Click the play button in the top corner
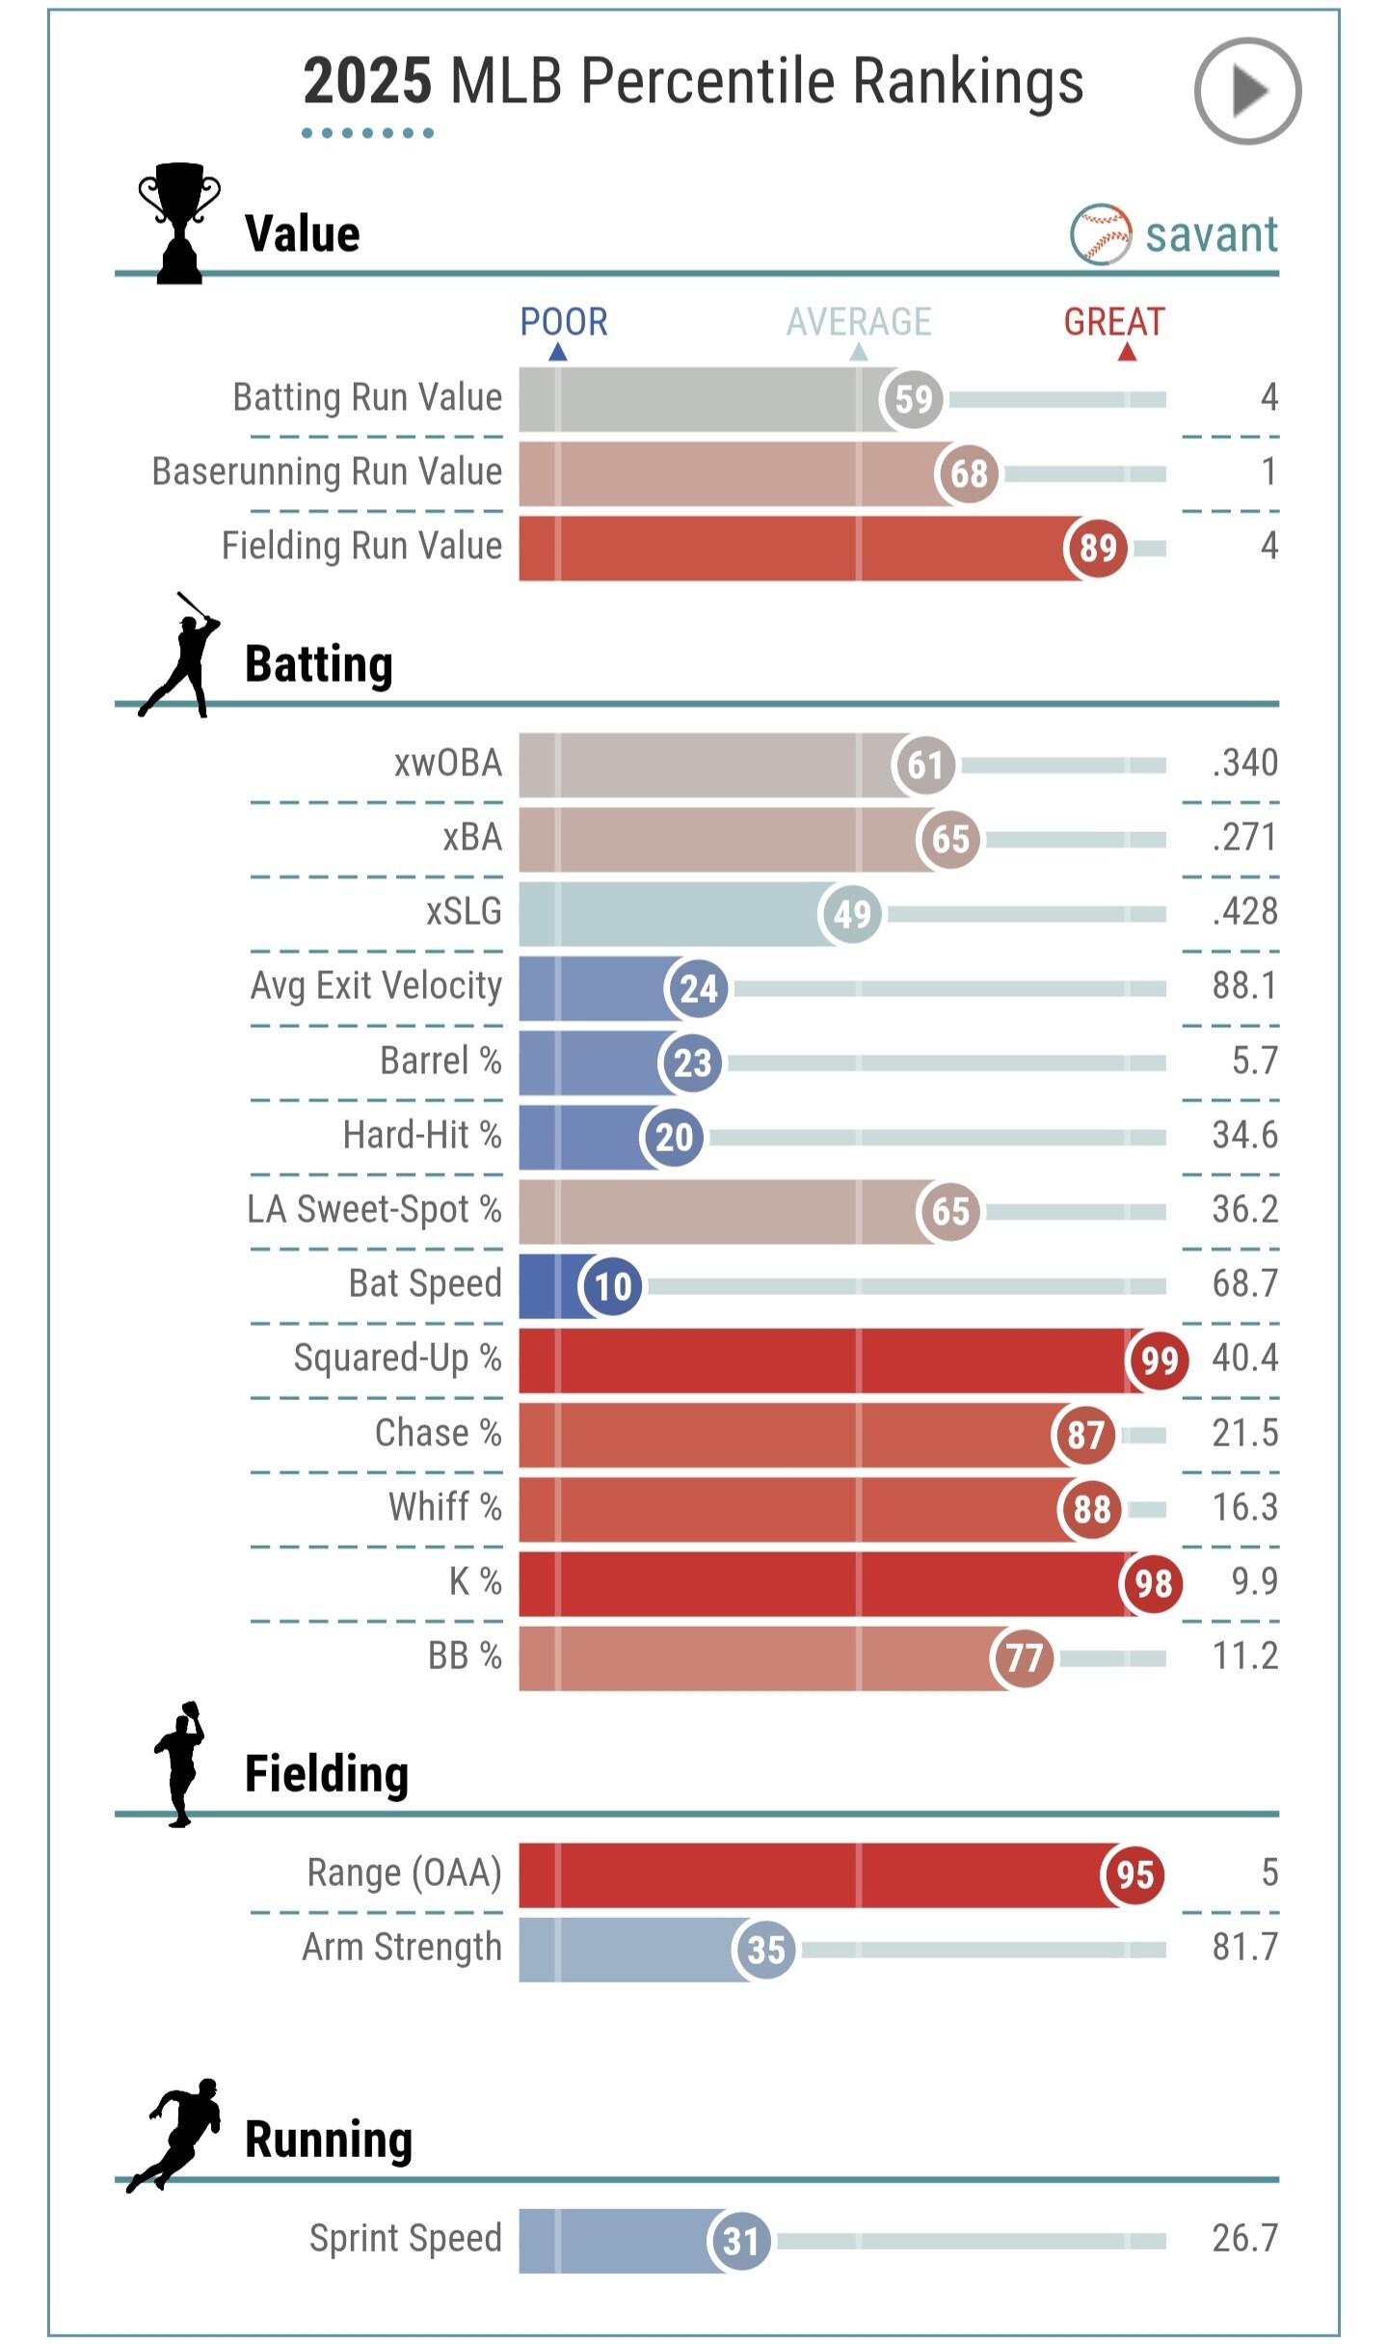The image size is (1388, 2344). point(1247,92)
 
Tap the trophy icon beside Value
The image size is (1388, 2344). point(179,223)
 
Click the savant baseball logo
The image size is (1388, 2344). point(1100,234)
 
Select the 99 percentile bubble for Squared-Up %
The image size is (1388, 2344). point(1158,1360)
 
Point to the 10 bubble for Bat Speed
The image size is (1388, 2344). point(612,1285)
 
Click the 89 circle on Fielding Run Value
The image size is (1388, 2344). point(1097,548)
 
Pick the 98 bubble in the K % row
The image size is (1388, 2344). point(1152,1583)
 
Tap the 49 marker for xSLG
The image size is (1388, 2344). point(851,913)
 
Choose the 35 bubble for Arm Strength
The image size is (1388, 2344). point(764,1949)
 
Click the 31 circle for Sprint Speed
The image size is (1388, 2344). point(739,2240)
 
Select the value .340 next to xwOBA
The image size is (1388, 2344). point(1244,764)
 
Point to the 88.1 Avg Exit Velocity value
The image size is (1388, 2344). point(1244,986)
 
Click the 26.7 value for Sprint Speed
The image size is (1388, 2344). point(1244,2238)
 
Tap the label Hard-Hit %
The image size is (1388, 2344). point(422,1135)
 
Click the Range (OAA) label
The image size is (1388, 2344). point(404,1873)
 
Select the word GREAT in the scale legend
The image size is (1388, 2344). point(1114,322)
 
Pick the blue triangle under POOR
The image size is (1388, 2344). point(557,353)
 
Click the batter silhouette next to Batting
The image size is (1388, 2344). point(180,656)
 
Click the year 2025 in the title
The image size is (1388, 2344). point(367,81)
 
